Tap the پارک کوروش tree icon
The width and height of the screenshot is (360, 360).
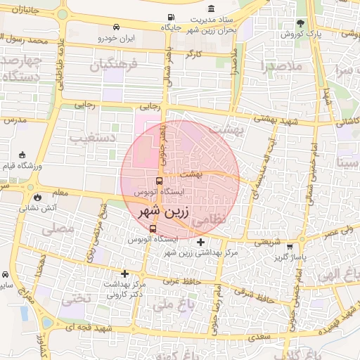click(x=301, y=23)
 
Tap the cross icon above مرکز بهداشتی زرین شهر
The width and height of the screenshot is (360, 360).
click(x=201, y=241)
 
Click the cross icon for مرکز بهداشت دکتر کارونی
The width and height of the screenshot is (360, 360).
click(x=125, y=274)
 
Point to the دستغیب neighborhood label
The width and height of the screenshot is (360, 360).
click(x=92, y=138)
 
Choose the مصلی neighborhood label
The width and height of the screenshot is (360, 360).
click(x=58, y=229)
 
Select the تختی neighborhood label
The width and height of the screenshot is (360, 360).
click(x=77, y=298)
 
